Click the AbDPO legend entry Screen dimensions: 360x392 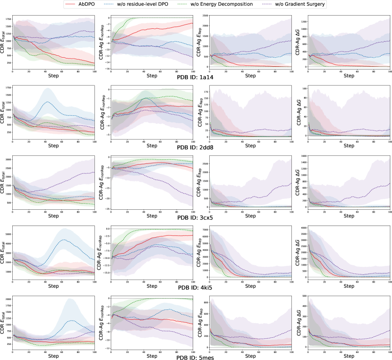93,4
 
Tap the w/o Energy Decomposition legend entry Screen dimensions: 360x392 224,4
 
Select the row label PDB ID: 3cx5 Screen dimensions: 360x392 196,217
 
